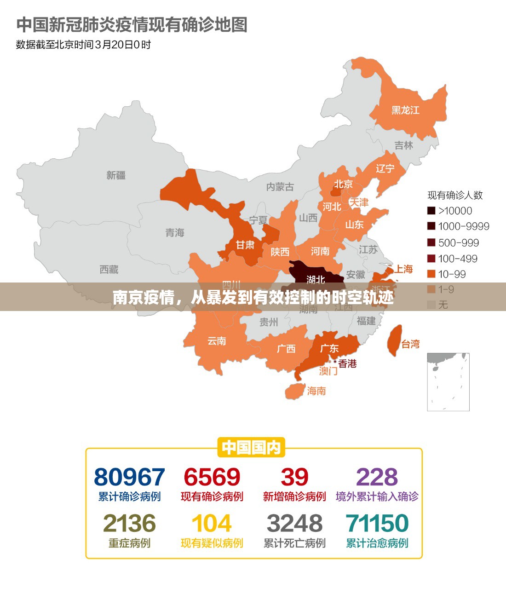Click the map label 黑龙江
click(405, 110)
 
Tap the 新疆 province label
click(116, 175)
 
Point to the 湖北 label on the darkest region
click(316, 279)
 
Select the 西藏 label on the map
click(109, 270)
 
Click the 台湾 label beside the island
click(410, 344)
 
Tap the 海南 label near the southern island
click(316, 391)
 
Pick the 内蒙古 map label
click(280, 187)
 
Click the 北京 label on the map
click(343, 184)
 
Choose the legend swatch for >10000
click(431, 211)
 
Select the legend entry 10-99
click(452, 274)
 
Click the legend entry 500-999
click(458, 242)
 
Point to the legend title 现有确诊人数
click(455, 195)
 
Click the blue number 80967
click(129, 477)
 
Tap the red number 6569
click(212, 477)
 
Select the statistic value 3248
click(294, 524)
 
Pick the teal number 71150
click(377, 524)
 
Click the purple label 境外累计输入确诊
click(377, 497)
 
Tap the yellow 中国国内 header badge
click(251, 447)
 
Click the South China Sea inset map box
click(448, 382)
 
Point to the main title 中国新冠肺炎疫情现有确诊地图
click(132, 25)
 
